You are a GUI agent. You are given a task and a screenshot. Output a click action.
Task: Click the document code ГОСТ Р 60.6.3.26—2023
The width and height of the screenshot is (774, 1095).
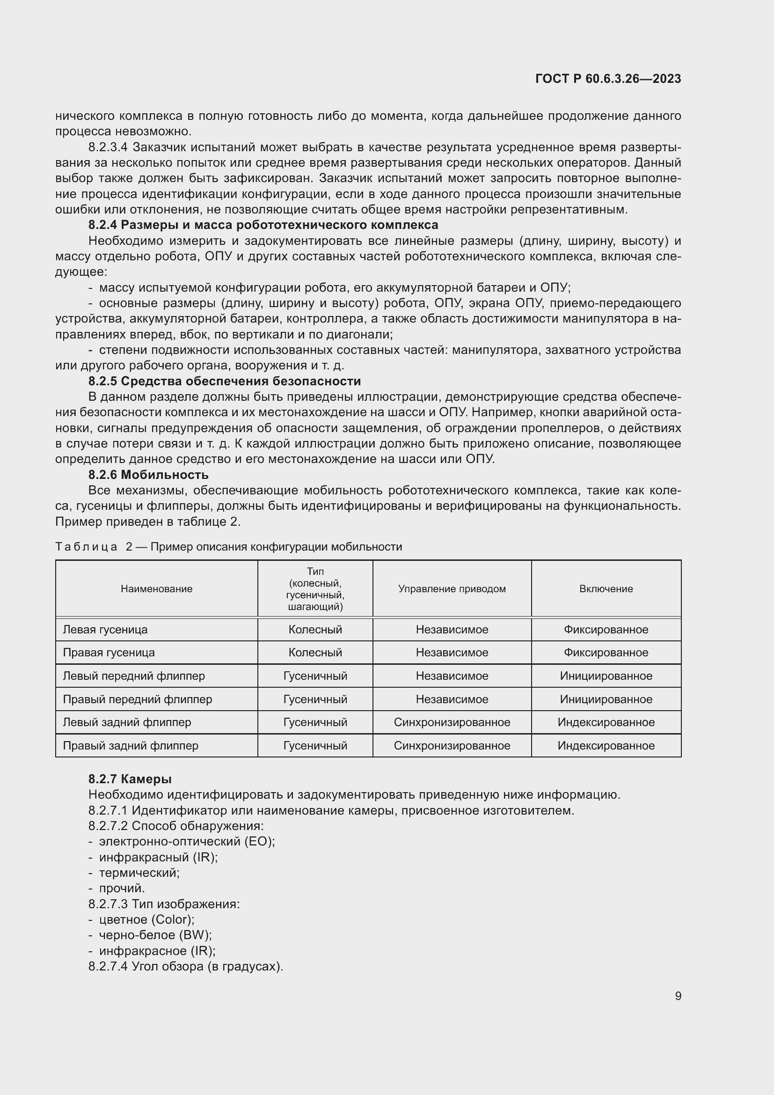pyautogui.click(x=608, y=79)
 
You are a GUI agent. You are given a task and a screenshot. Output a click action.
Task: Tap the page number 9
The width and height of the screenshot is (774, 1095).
pyautogui.click(x=678, y=996)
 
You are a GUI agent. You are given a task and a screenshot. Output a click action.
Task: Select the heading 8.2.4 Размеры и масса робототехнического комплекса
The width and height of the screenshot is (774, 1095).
pyautogui.click(x=263, y=225)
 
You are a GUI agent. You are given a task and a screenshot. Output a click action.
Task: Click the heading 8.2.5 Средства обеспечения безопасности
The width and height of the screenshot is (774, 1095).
pyautogui.click(x=225, y=381)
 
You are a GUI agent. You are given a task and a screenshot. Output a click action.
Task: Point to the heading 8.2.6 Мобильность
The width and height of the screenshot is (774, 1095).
pyautogui.click(x=148, y=475)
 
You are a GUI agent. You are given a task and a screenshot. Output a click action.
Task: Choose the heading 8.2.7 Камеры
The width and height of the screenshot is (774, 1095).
pyautogui.click(x=130, y=779)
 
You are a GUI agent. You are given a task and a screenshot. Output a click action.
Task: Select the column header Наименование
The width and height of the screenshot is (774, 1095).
pyautogui.click(x=156, y=588)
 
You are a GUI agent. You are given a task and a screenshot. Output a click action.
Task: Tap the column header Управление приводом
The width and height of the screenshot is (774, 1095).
pyautogui.click(x=452, y=588)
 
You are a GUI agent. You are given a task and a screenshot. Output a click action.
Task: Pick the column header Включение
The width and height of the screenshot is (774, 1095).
pyautogui.click(x=606, y=588)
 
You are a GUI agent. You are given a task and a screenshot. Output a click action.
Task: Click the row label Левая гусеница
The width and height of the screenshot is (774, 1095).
pyautogui.click(x=105, y=630)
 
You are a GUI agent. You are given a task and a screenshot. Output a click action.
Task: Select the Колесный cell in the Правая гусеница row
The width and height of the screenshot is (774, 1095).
pyautogui.click(x=315, y=653)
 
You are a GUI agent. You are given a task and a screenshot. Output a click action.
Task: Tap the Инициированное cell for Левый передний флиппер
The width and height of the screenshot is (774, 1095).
pyautogui.click(x=606, y=676)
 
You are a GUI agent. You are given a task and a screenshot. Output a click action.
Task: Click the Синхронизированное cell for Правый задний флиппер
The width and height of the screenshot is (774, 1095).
pyautogui.click(x=452, y=745)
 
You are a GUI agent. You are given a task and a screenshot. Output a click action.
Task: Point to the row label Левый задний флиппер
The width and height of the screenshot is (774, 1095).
pyautogui.click(x=127, y=722)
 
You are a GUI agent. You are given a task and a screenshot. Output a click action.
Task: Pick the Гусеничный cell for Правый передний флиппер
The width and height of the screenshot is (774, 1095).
pyautogui.click(x=315, y=699)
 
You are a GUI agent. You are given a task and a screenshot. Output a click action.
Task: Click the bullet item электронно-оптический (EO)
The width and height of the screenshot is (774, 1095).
pyautogui.click(x=186, y=841)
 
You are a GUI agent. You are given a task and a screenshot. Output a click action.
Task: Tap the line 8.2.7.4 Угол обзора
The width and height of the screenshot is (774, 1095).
pyautogui.click(x=186, y=966)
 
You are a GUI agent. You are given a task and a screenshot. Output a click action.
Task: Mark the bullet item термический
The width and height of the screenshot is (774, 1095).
pyautogui.click(x=139, y=873)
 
